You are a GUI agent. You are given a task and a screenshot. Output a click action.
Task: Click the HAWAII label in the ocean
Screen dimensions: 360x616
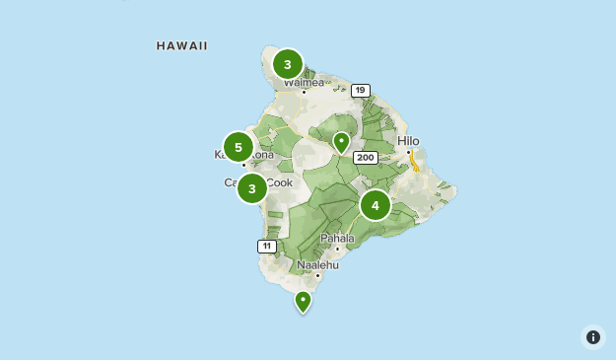(182, 45)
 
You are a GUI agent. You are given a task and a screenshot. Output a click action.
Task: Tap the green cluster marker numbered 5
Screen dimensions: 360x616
(238, 147)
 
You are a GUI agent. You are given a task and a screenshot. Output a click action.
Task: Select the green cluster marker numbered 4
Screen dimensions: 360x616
(375, 205)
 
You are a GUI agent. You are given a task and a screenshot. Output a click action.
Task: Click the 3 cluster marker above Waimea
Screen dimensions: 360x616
(287, 65)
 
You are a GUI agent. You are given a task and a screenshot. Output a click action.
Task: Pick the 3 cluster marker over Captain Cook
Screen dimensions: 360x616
(252, 187)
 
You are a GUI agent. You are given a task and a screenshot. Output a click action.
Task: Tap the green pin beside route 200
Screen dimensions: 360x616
(341, 142)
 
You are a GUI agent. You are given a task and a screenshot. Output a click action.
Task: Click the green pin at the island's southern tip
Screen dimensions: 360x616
(303, 301)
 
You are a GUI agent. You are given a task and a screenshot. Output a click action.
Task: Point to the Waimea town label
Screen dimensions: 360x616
(304, 83)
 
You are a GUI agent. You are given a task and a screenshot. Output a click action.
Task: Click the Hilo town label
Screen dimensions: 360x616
(408, 141)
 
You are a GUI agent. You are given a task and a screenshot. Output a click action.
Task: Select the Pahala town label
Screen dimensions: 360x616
(337, 238)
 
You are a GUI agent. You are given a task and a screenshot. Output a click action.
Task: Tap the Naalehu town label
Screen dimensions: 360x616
(317, 264)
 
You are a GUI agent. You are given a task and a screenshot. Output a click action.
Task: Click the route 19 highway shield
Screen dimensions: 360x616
(360, 91)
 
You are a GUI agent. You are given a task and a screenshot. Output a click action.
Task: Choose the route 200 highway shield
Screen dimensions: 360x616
(366, 158)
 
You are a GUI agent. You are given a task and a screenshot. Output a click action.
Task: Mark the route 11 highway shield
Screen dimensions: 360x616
(266, 246)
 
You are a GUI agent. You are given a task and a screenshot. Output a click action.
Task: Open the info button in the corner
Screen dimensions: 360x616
(592, 337)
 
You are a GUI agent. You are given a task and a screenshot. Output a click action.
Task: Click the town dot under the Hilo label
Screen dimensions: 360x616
(409, 152)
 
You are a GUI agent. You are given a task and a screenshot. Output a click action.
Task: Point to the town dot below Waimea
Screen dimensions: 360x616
(304, 93)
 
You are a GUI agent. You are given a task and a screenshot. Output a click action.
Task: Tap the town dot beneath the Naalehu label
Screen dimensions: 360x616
(317, 275)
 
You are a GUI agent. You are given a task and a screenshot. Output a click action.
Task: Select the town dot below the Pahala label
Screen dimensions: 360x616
(337, 249)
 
